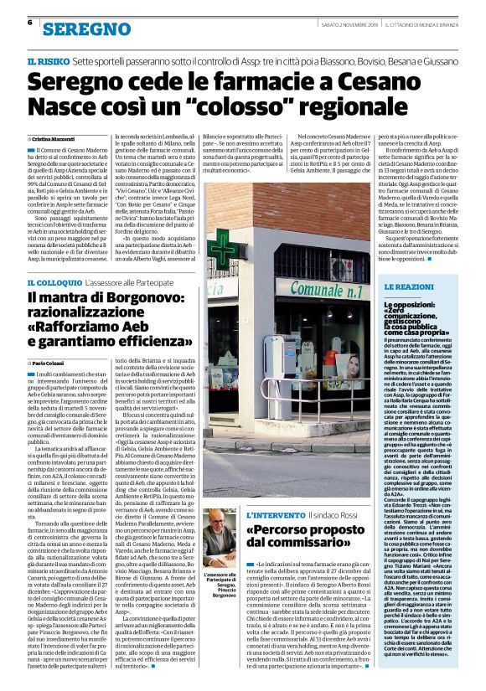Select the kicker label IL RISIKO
coord(48,63)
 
